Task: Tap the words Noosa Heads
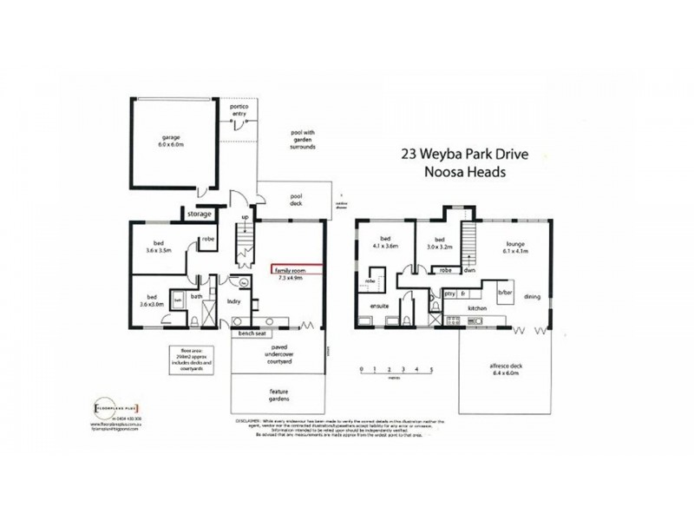coord(465,172)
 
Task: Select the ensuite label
coord(379,307)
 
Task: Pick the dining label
coord(532,297)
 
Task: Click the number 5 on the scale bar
coord(431,370)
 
